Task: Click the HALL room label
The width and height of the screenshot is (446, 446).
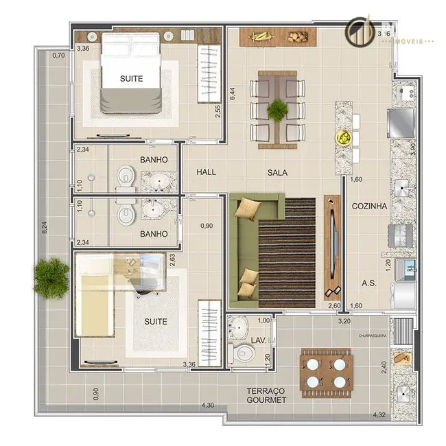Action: [206, 172]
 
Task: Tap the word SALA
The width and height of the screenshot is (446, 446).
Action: [277, 172]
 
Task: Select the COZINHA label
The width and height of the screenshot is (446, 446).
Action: [369, 205]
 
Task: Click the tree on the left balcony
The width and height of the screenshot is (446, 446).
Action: [51, 277]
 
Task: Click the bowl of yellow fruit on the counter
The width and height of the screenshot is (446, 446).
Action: [342, 137]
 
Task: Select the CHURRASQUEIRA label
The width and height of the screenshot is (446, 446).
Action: [374, 336]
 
